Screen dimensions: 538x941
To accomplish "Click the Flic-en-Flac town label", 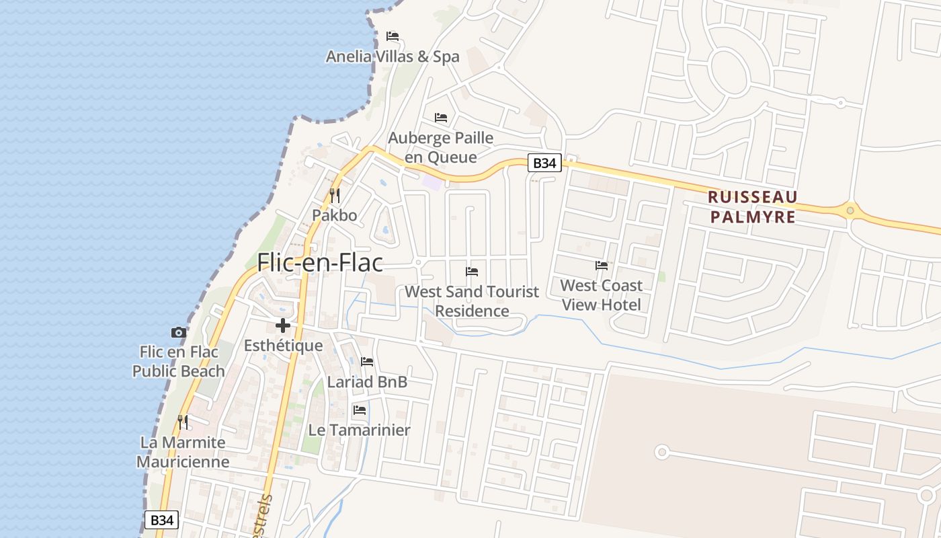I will pos(320,262).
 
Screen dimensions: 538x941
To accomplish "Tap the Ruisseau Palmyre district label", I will pos(753,207).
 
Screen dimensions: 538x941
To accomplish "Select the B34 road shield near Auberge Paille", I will pos(544,163).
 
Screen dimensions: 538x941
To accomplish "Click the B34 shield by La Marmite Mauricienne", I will pos(161,520).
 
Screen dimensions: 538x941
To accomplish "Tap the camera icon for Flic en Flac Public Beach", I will pos(178,332).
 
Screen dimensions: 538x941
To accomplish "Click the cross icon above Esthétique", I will pos(283,326).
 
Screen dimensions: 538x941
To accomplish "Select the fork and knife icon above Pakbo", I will pos(334,196).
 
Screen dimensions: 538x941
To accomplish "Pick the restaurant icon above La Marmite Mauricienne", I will pos(183,422).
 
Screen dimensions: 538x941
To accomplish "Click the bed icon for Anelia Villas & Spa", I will pos(393,36).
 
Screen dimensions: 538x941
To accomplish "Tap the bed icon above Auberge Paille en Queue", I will pos(441,118).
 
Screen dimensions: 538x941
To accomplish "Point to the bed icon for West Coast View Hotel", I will pos(602,266).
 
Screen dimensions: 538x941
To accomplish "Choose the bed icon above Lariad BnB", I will pos(367,362).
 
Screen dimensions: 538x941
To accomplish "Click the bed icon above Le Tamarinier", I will pos(360,410).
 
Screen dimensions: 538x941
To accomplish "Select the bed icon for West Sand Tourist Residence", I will pos(472,272).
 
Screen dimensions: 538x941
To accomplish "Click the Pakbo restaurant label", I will pos(334,216).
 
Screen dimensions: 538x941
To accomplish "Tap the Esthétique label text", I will pos(283,346).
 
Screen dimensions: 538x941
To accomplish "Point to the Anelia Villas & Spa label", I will pos(393,56).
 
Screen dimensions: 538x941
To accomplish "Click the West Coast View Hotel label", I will pos(602,295).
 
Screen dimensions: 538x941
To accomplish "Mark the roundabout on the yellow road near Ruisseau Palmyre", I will pos(850,211).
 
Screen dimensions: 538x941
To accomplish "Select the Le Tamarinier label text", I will pos(360,430).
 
